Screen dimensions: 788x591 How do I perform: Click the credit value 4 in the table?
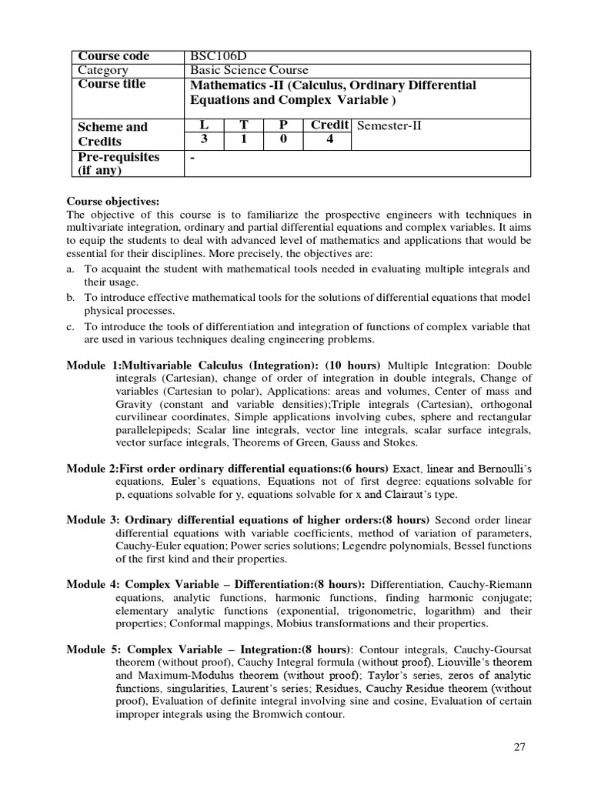(x=329, y=140)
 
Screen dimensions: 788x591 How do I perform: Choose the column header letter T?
(x=245, y=125)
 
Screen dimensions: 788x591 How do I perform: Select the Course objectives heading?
(x=112, y=202)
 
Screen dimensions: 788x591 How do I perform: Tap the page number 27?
(x=516, y=747)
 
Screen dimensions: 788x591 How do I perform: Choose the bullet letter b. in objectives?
(x=71, y=298)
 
